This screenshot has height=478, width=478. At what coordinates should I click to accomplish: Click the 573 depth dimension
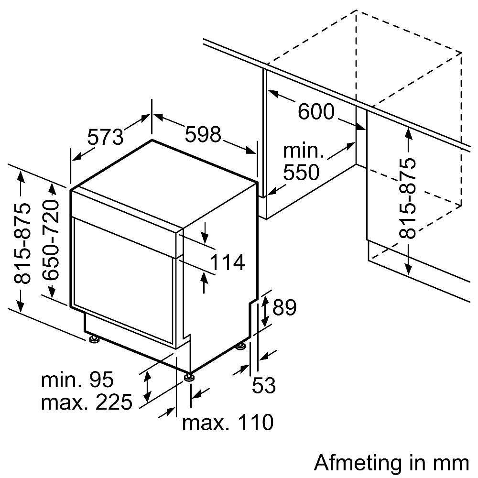106,137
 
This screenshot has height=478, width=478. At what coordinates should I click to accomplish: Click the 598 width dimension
203,134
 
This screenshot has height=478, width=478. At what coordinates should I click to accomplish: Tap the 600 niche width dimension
316,111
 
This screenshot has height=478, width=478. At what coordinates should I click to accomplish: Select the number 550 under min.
301,172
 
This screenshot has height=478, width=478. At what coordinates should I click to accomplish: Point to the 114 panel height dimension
228,262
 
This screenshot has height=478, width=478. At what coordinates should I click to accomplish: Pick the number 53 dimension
264,385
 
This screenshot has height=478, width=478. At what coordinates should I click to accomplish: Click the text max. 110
228,423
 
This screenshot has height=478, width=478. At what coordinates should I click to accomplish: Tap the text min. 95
77,380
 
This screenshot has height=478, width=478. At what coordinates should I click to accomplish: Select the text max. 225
87,402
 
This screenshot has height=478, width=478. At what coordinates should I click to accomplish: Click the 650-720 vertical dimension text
51,240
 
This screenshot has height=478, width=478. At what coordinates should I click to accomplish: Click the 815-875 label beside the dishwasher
22,243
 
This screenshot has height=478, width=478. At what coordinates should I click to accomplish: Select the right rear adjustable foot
241,347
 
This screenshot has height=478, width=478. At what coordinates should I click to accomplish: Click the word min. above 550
304,151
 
